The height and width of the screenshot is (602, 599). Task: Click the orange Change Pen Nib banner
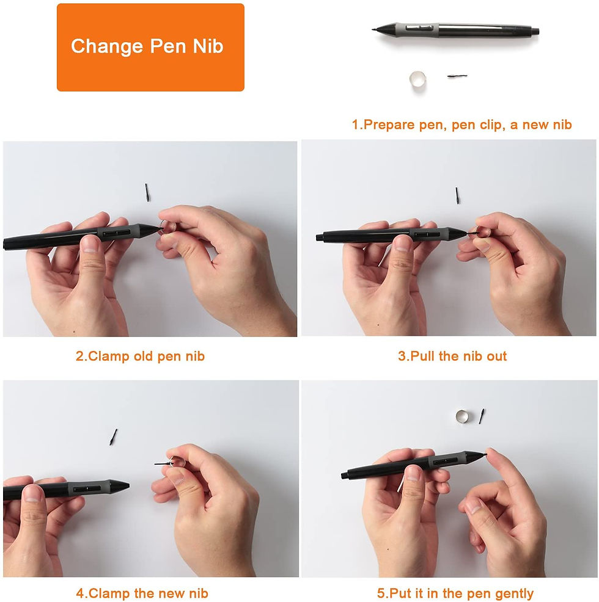[150, 48]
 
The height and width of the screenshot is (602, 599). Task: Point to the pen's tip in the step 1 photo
[375, 28]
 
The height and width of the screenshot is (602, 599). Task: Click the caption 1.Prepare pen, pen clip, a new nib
[461, 125]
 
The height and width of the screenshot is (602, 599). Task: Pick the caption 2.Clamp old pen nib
[140, 357]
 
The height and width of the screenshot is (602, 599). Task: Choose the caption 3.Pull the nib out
[452, 357]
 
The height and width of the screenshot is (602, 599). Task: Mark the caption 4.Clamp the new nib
[142, 593]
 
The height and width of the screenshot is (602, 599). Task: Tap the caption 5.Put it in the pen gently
[455, 593]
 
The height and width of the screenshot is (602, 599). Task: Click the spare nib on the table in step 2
[148, 190]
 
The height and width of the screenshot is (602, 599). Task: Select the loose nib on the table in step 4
[113, 437]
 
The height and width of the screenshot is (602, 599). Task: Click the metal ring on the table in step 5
[463, 416]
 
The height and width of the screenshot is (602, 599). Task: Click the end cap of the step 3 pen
[320, 237]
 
